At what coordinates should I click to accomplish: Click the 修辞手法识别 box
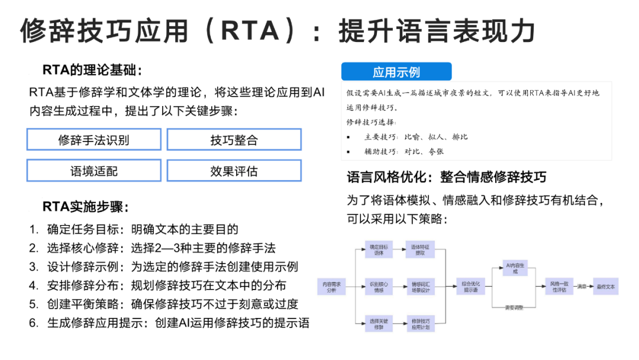pyautogui.click(x=93, y=140)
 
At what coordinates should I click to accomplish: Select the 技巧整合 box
pyautogui.click(x=234, y=140)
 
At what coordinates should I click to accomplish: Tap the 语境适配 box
pyautogui.click(x=93, y=171)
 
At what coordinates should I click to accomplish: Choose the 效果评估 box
pyautogui.click(x=234, y=171)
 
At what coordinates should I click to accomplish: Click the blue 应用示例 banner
pyautogui.click(x=396, y=72)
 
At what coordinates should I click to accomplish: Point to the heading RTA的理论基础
pyautogui.click(x=92, y=70)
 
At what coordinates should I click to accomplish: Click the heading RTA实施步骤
pyautogui.click(x=85, y=207)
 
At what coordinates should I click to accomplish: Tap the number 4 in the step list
pyautogui.click(x=34, y=285)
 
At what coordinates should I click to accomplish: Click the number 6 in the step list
pyautogui.click(x=34, y=323)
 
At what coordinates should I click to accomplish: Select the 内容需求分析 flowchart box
pyautogui.click(x=332, y=287)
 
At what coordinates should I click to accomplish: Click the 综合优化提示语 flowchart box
pyautogui.click(x=470, y=287)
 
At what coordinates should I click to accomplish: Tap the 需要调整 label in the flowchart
pyautogui.click(x=514, y=307)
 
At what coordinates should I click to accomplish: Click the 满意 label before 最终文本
pyautogui.click(x=582, y=287)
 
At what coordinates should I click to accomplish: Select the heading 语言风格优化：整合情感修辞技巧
pyautogui.click(x=446, y=176)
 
